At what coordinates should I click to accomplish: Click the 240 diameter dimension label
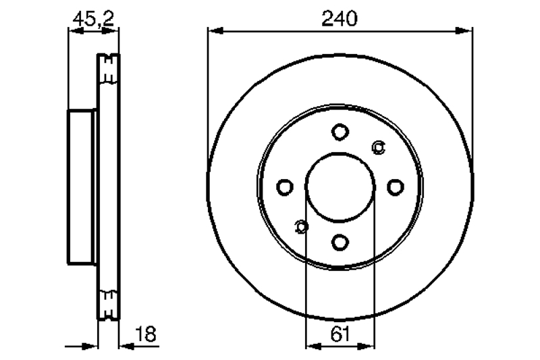point(340,19)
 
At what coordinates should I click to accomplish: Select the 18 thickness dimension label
point(146,334)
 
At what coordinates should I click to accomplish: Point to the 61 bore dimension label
point(340,334)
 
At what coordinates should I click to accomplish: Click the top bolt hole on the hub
point(340,132)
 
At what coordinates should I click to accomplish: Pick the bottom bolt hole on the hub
point(340,242)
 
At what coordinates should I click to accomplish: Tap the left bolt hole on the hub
point(285,187)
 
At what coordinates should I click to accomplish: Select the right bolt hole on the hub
point(396,187)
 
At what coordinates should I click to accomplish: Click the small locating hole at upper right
point(379,147)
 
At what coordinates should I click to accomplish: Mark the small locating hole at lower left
point(301,227)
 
